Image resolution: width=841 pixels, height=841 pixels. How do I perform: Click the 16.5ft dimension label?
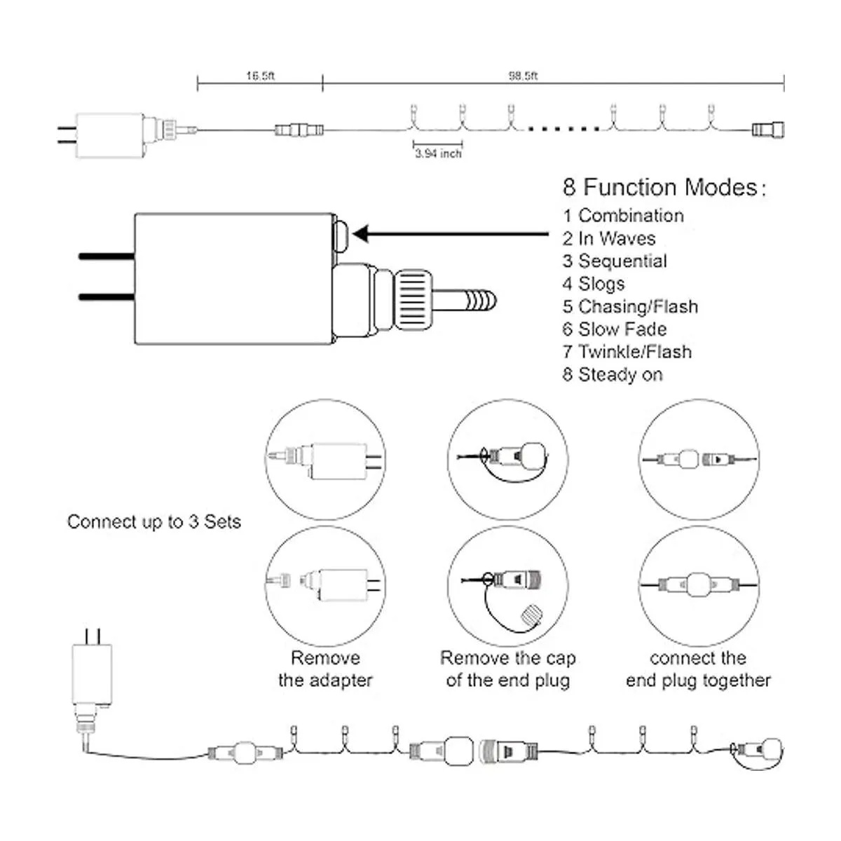tap(260, 76)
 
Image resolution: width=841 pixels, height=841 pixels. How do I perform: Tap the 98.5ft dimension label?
tap(523, 76)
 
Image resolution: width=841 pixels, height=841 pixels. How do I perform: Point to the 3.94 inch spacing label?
tap(438, 153)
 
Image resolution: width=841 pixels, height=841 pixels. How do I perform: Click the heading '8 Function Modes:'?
tap(664, 188)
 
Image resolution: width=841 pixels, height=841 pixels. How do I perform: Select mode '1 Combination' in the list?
tap(623, 216)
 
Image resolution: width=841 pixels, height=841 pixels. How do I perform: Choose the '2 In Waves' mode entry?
tap(609, 238)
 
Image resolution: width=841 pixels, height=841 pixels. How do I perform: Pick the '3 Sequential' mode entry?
tap(615, 261)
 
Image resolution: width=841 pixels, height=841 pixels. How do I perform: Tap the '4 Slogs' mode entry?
tap(593, 284)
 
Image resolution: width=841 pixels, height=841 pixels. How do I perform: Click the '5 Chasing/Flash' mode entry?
tap(630, 307)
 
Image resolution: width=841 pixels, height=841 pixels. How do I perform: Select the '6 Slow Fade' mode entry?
tap(615, 329)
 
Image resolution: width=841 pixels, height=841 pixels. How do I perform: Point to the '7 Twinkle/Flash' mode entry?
tap(627, 352)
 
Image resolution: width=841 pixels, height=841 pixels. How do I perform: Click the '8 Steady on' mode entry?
tap(612, 375)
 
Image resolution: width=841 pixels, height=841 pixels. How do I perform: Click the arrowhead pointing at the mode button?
tap(362, 234)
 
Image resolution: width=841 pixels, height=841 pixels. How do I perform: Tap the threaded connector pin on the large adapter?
tap(467, 301)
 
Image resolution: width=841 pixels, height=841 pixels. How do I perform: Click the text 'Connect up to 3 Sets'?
tap(154, 522)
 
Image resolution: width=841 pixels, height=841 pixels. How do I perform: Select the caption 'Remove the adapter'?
tap(325, 669)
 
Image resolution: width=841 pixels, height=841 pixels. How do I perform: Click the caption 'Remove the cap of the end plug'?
tap(508, 669)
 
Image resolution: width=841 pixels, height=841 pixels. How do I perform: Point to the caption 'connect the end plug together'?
tap(698, 669)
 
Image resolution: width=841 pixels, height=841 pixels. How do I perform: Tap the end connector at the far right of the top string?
tap(768, 130)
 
